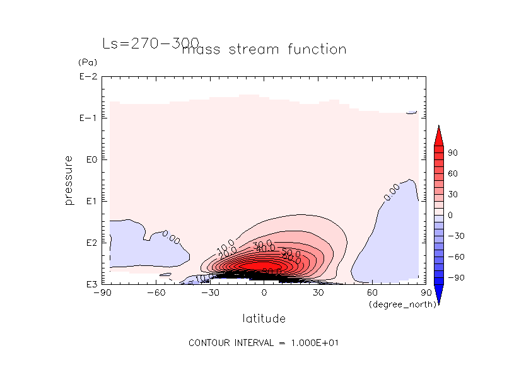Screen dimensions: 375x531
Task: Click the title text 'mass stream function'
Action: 264,50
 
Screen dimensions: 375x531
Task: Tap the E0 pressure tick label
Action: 89,159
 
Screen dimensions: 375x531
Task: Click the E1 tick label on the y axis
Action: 89,201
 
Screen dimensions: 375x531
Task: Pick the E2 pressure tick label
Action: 89,243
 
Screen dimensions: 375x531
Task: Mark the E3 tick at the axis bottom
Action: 89,284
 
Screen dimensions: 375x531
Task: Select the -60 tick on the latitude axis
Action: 155,293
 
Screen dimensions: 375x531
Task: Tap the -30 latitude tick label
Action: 209,293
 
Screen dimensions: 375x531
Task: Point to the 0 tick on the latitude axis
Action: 264,293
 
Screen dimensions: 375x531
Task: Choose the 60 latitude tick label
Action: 372,293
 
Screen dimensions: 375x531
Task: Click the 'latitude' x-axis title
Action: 264,318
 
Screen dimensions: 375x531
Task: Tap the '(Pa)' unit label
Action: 86,63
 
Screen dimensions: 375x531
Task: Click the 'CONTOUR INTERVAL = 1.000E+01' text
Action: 265,343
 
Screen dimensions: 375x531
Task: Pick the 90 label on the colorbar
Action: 453,153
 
